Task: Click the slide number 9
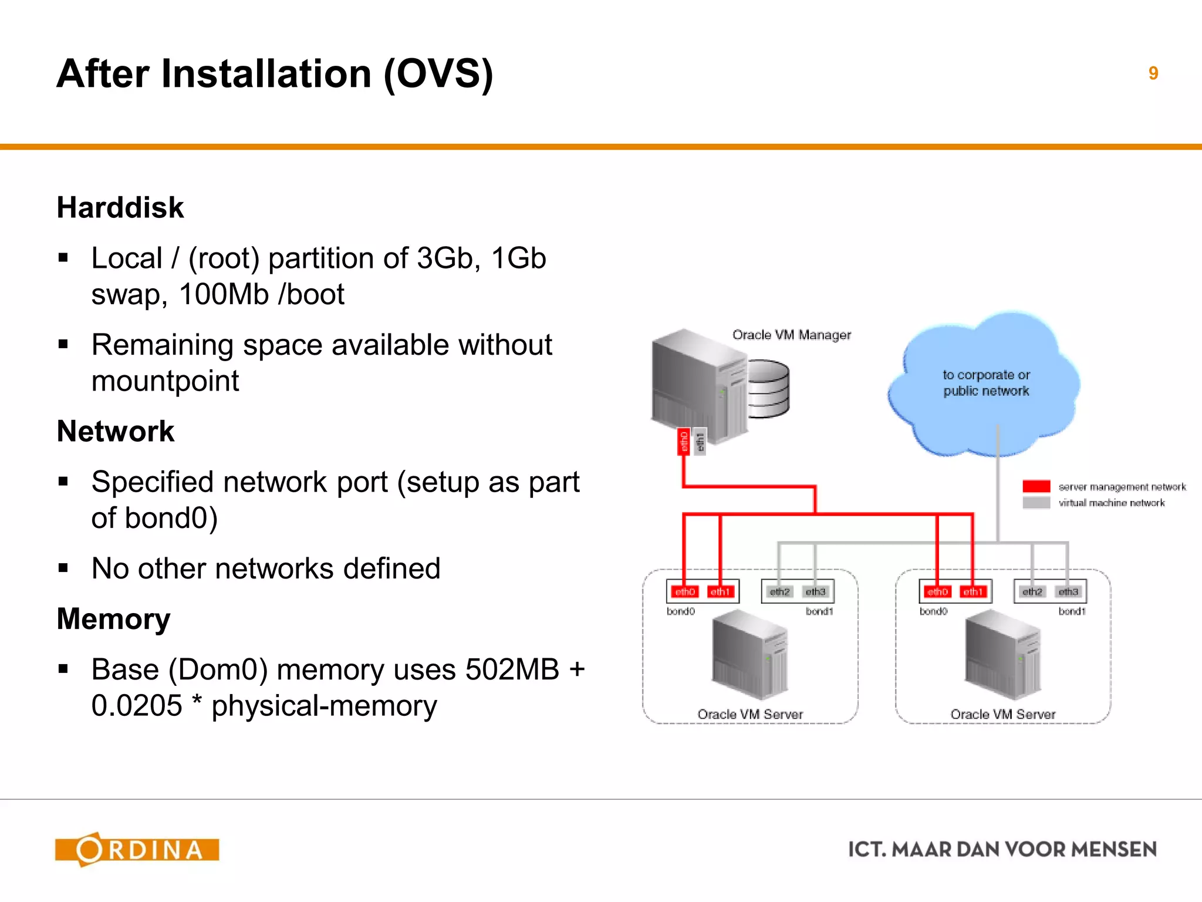[1153, 73]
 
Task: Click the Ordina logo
[137, 849]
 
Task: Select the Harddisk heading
[120, 207]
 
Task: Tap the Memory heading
[113, 619]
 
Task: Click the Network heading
[116, 431]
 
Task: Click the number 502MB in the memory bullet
[512, 669]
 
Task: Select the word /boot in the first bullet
[311, 294]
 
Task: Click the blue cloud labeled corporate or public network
[985, 385]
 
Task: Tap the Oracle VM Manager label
[791, 335]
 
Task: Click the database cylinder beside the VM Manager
[769, 389]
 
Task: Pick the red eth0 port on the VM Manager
[684, 442]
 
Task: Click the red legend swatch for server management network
[1036, 486]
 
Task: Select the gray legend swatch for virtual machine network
[1036, 503]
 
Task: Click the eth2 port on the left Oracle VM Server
[779, 591]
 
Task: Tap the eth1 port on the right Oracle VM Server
[973, 591]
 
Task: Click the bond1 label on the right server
[1072, 611]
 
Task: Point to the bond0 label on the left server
[680, 611]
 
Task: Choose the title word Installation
[266, 74]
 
